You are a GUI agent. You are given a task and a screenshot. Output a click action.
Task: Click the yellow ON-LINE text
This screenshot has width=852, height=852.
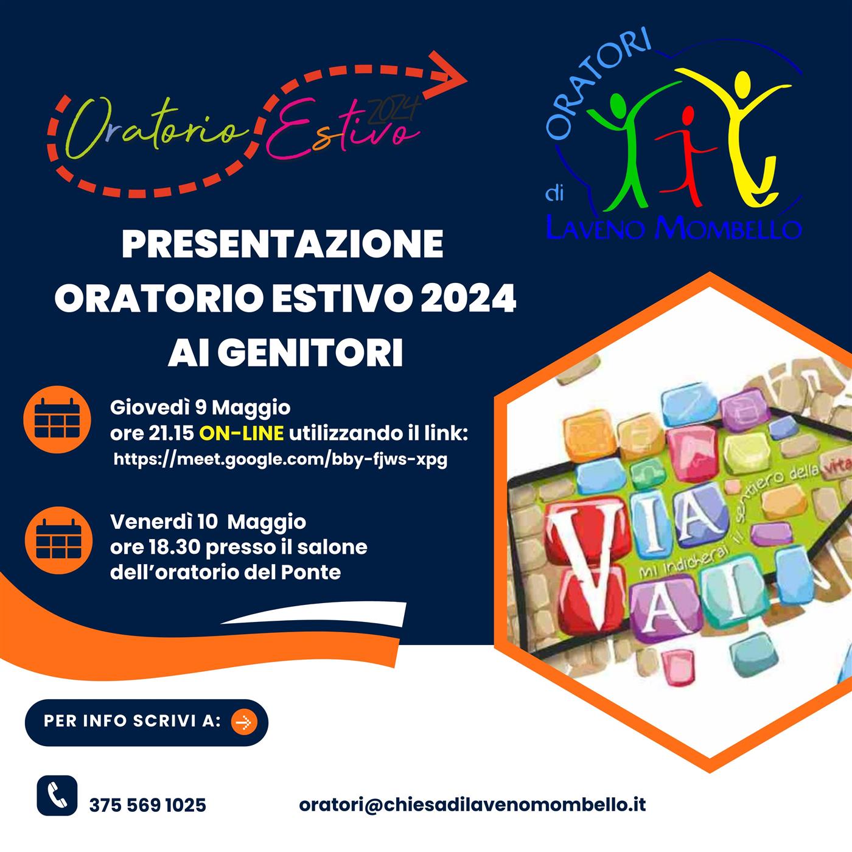tap(242, 433)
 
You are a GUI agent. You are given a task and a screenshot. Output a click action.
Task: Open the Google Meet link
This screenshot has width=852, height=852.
tap(281, 459)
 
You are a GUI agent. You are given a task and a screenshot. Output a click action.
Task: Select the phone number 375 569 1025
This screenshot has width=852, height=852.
tap(148, 805)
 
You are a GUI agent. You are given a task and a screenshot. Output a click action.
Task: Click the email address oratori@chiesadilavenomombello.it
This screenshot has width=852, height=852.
tap(472, 805)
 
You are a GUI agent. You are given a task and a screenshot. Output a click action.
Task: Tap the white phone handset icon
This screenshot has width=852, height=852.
tap(57, 795)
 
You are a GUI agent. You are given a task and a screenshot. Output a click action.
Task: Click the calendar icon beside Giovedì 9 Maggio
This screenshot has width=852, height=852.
tap(57, 419)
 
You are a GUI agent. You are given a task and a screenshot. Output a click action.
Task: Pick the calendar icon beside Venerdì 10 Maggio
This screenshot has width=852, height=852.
tap(58, 540)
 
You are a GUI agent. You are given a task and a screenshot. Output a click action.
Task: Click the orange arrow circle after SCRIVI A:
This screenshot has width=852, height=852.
tap(243, 722)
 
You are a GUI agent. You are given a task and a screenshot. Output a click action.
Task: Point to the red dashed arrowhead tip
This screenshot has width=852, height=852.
tap(467, 81)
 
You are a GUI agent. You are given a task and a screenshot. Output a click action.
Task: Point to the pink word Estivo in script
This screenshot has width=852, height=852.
tap(343, 128)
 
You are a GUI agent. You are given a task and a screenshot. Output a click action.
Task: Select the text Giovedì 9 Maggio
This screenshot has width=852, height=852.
tap(200, 408)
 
